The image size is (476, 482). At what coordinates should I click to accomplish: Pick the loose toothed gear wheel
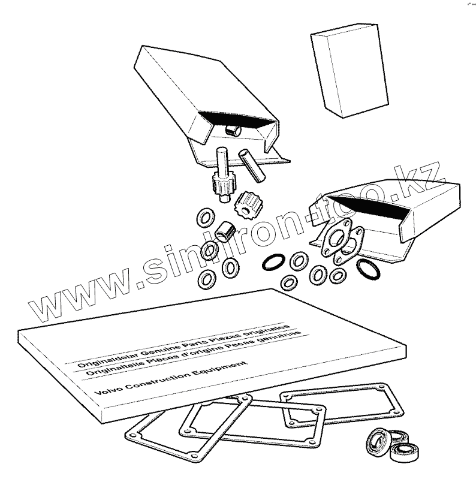(x=246, y=203)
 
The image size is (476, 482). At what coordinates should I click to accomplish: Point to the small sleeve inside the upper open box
(x=231, y=129)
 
